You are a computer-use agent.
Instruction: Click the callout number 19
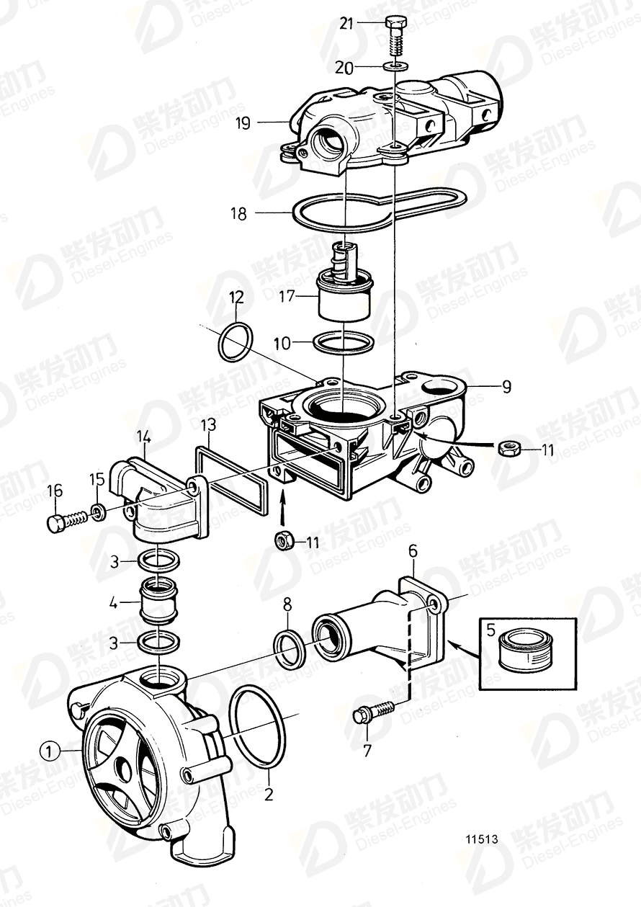tap(242, 123)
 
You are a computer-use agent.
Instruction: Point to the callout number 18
tap(238, 214)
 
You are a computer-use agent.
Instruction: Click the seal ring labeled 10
tap(344, 342)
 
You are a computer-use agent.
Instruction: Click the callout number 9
tap(506, 387)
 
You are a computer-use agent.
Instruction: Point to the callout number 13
tap(208, 423)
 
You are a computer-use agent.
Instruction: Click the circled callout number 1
tap(48, 751)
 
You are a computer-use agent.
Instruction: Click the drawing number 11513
tap(482, 839)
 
